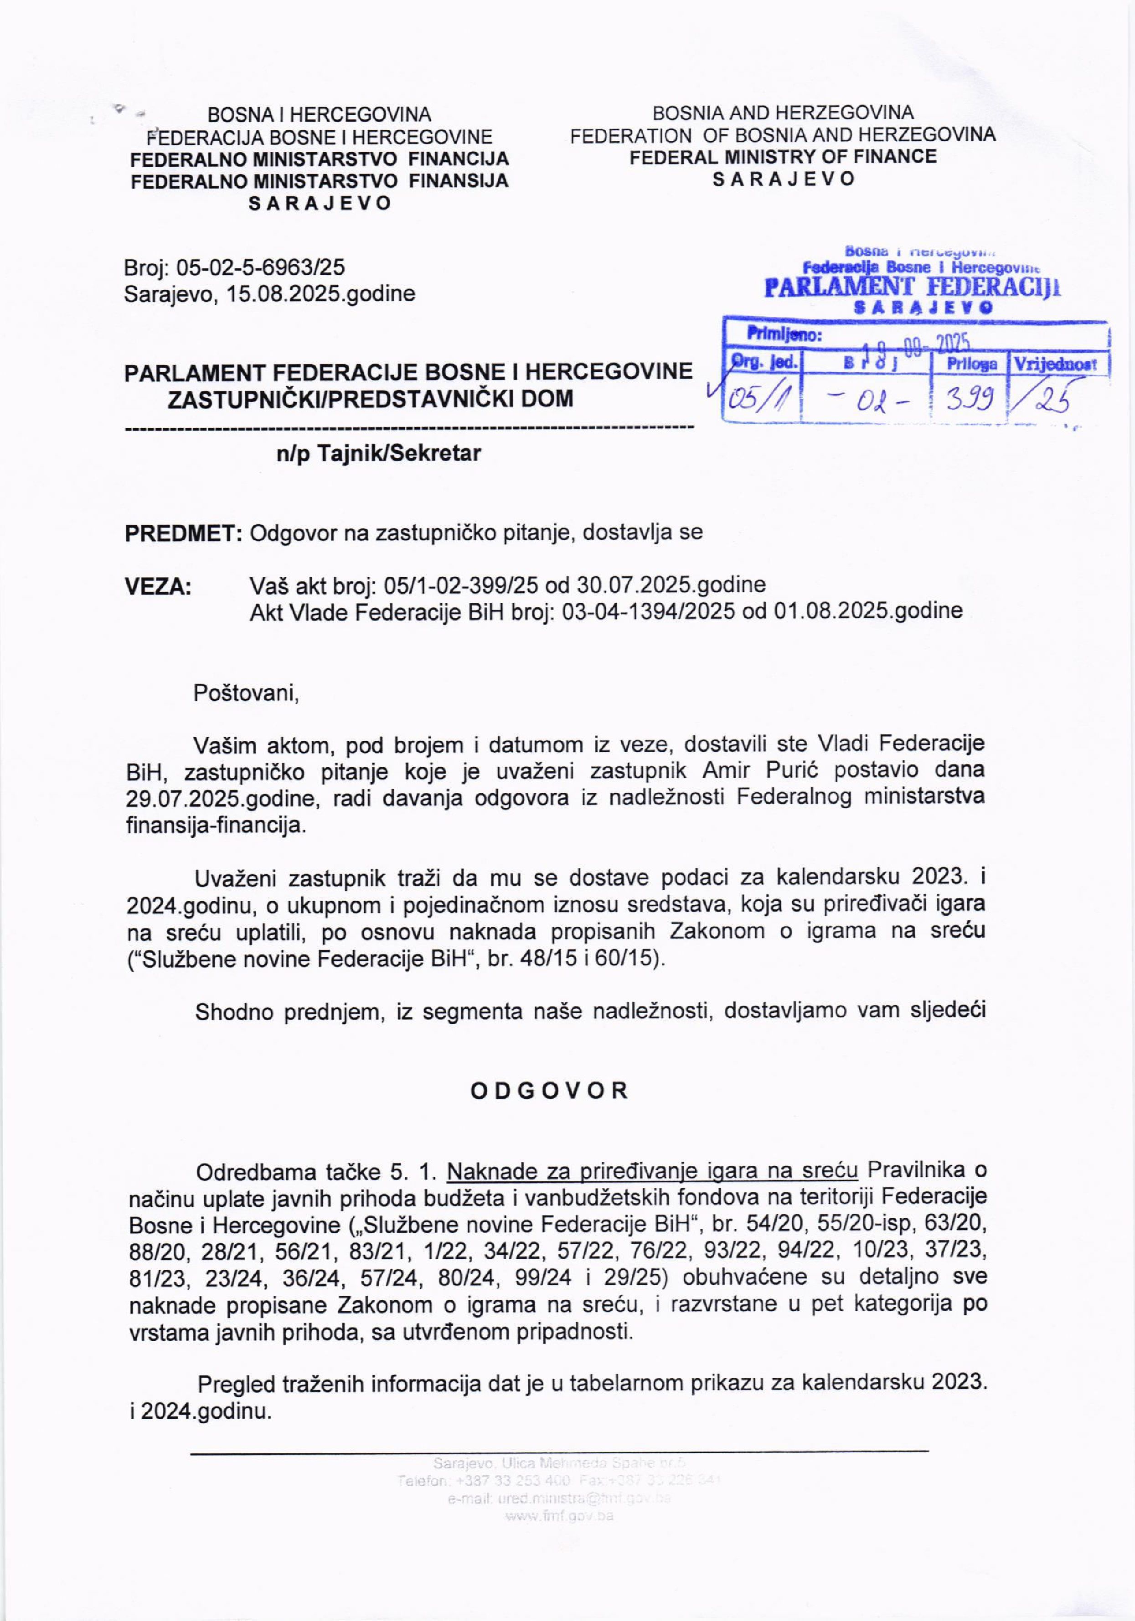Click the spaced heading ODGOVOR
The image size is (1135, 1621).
(549, 1091)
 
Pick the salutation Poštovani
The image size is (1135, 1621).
(247, 693)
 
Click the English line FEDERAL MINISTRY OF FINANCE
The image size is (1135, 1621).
(783, 157)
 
